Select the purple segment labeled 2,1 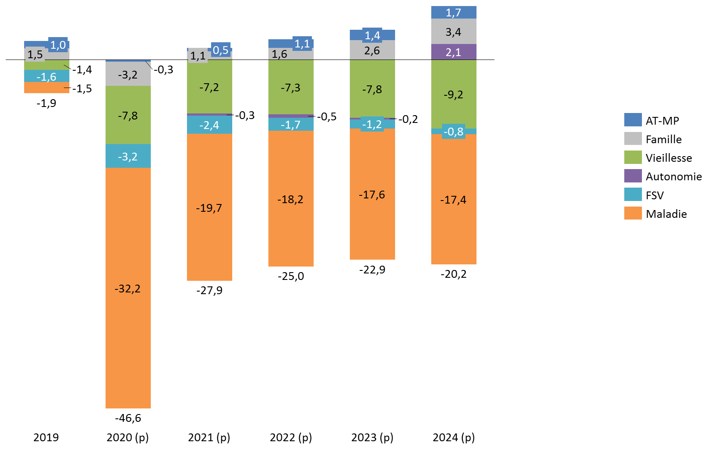pyautogui.click(x=454, y=52)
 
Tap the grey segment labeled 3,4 pyautogui.click(x=454, y=31)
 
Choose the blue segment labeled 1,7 pyautogui.click(x=454, y=13)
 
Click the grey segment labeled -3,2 pyautogui.click(x=128, y=74)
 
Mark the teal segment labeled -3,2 pyautogui.click(x=128, y=156)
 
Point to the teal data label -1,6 pyautogui.click(x=47, y=77)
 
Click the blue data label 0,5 pyautogui.click(x=221, y=50)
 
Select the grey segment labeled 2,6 pyautogui.click(x=372, y=50)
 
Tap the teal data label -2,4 pyautogui.click(x=209, y=125)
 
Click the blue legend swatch pyautogui.click(x=633, y=119)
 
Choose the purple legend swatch pyautogui.click(x=633, y=176)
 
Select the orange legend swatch pyautogui.click(x=633, y=213)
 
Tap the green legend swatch pyautogui.click(x=633, y=157)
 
